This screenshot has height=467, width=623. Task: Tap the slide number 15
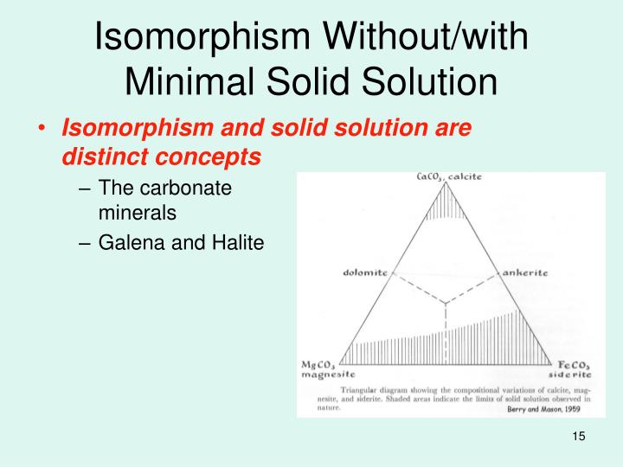[x=579, y=437]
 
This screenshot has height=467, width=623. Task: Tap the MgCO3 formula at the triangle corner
[x=319, y=365]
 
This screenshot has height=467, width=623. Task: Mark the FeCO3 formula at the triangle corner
[x=571, y=365]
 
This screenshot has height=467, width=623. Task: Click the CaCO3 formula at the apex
[x=430, y=177]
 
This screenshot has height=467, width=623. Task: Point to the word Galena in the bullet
[x=126, y=245]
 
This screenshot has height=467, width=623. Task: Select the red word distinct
[x=94, y=157]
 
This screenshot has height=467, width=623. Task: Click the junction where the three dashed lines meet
[x=445, y=304]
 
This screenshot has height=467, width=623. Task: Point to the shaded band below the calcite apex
[x=446, y=208]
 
